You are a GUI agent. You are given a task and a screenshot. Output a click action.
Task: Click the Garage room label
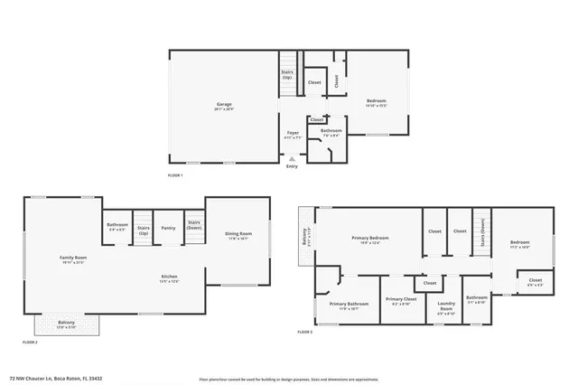pos(223,105)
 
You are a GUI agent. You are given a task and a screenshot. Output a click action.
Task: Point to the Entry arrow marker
pos(292,159)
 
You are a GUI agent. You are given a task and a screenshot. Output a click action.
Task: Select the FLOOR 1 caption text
pos(175,174)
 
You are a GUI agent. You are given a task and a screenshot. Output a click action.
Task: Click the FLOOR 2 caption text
pos(30,343)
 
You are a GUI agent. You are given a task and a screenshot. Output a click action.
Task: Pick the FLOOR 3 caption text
pos(304,333)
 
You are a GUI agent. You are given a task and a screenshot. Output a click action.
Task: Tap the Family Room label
pos(72,259)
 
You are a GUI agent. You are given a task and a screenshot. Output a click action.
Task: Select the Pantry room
pos(168,229)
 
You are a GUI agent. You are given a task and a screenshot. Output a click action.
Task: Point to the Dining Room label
pos(238,236)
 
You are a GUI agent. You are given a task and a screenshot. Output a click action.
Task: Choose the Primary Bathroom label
pos(348,305)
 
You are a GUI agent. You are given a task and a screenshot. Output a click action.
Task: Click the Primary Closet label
pos(398,301)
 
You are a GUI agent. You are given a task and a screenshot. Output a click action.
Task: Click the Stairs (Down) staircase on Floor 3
pos(482,231)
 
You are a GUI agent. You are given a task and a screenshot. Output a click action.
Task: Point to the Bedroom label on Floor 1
pos(377,101)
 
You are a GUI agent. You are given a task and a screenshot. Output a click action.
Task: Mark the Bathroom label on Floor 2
pos(117,226)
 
